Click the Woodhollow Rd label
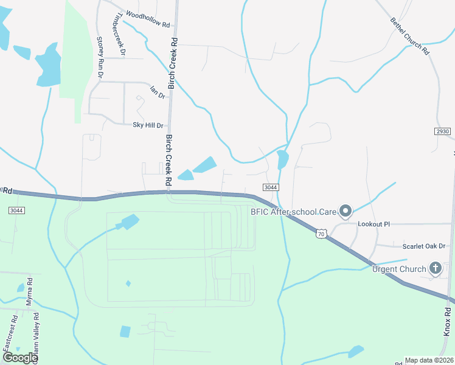(x=148, y=18)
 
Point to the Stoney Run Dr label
(x=100, y=58)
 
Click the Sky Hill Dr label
(x=148, y=125)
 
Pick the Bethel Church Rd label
(x=410, y=36)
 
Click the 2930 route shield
(x=442, y=131)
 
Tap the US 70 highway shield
(x=322, y=233)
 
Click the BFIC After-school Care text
(x=294, y=212)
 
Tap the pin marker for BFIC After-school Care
(x=346, y=211)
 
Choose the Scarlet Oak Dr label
(x=424, y=246)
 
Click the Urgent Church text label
(x=399, y=268)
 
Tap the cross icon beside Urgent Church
(x=436, y=268)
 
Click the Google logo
(x=20, y=357)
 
